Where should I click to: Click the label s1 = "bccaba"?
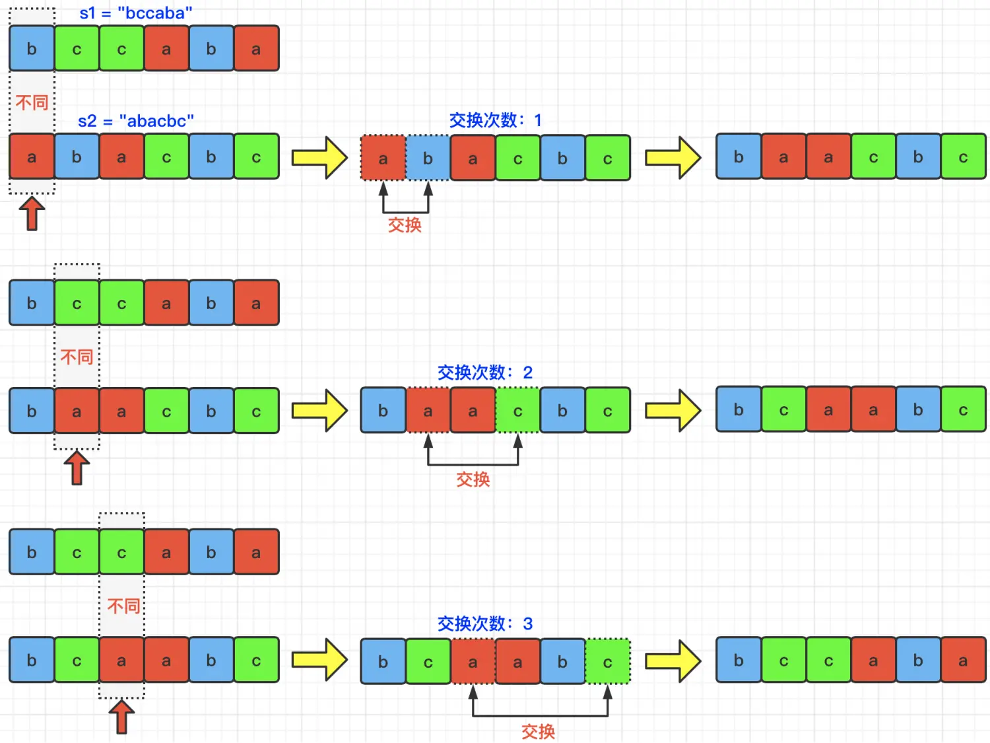pyautogui.click(x=135, y=13)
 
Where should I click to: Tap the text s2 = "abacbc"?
pyautogui.click(x=135, y=121)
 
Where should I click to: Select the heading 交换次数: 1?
pyautogui.click(x=495, y=120)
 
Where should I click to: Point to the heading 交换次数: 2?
pyautogui.click(x=484, y=372)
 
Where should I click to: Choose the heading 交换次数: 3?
pyautogui.click(x=484, y=623)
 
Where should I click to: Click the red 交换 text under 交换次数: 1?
pyautogui.click(x=405, y=225)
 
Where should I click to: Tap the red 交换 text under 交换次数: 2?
pyautogui.click(x=473, y=479)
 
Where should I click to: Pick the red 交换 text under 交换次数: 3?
pyautogui.click(x=538, y=731)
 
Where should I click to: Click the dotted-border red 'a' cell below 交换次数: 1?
pyautogui.click(x=383, y=159)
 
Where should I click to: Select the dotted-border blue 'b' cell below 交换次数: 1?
pyautogui.click(x=428, y=159)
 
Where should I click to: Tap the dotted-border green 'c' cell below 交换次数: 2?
pyautogui.click(x=517, y=411)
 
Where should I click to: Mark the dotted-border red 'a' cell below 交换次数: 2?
pyautogui.click(x=428, y=411)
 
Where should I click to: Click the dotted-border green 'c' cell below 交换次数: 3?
pyautogui.click(x=607, y=661)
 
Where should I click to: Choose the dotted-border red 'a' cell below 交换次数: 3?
pyautogui.click(x=473, y=661)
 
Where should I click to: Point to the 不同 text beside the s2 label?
pyautogui.click(x=32, y=102)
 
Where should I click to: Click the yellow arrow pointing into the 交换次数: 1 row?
pyautogui.click(x=319, y=158)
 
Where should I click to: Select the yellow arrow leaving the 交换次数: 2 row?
pyautogui.click(x=673, y=411)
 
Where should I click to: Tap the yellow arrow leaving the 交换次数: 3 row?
pyautogui.click(x=673, y=661)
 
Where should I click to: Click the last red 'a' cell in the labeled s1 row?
pyautogui.click(x=256, y=49)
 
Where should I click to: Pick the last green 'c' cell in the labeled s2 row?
pyautogui.click(x=256, y=157)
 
